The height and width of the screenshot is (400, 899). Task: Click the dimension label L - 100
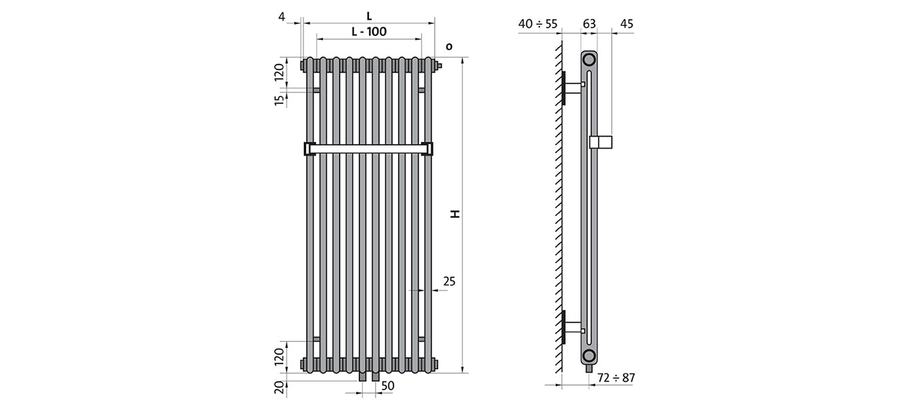point(369,31)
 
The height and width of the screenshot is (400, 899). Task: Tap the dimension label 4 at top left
point(282,17)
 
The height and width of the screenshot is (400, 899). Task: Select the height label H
point(455,213)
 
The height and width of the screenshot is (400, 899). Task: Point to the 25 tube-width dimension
point(449,281)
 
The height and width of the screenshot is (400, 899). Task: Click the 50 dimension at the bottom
point(388,385)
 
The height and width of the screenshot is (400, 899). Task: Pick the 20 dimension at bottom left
point(280,387)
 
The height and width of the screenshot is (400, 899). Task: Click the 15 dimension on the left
point(280,100)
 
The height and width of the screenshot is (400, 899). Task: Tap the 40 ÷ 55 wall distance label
point(538,24)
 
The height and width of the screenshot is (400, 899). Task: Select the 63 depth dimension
point(589,24)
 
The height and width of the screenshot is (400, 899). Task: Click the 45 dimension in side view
point(627,24)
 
